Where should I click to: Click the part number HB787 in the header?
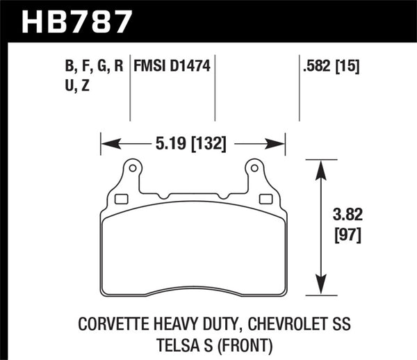click(x=77, y=19)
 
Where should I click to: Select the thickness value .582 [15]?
click(x=327, y=67)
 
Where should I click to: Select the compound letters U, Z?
click(x=81, y=88)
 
